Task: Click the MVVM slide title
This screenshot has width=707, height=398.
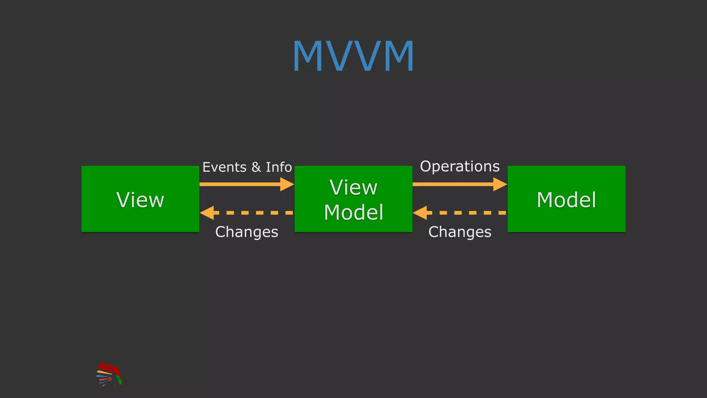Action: pyautogui.click(x=353, y=56)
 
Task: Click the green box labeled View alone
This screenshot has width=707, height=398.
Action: pyautogui.click(x=140, y=199)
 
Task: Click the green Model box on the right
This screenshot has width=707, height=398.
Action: pyautogui.click(x=566, y=199)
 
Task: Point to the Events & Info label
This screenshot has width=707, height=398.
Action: pyautogui.click(x=247, y=167)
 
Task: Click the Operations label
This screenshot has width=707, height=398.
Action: pyautogui.click(x=459, y=167)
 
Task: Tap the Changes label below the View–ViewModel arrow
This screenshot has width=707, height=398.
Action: pyautogui.click(x=246, y=232)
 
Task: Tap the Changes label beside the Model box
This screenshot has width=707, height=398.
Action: pyautogui.click(x=459, y=232)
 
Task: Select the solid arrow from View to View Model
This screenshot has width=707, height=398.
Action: pyautogui.click(x=242, y=184)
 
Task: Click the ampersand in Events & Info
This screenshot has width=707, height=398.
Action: pyautogui.click(x=256, y=167)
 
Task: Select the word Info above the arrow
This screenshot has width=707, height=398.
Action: pyautogui.click(x=279, y=167)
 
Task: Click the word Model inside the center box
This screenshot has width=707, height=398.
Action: pyautogui.click(x=353, y=212)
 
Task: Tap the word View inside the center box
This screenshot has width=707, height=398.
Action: pyautogui.click(x=353, y=188)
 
